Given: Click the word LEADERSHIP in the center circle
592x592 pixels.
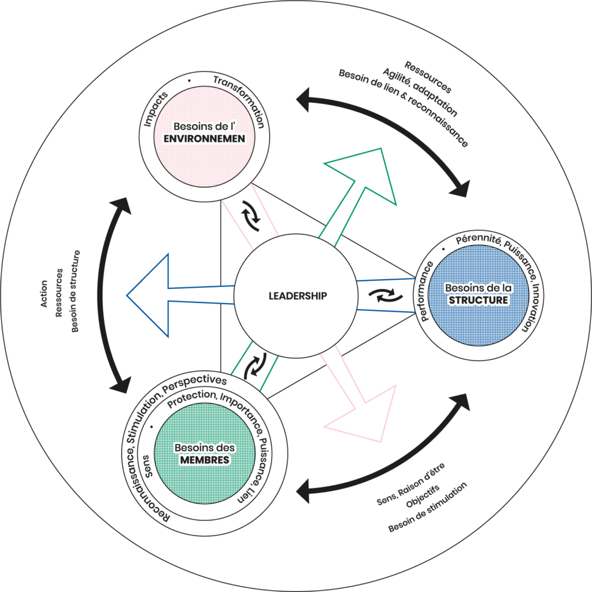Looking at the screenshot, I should [x=298, y=295].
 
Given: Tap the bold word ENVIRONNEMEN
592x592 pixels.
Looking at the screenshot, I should [x=202, y=139].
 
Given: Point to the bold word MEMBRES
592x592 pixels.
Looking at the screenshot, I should [x=202, y=459].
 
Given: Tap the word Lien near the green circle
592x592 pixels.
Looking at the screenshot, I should [x=246, y=498].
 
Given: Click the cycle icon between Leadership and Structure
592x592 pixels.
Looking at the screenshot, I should [x=382, y=296].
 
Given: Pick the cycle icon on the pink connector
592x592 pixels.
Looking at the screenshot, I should [x=252, y=214].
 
